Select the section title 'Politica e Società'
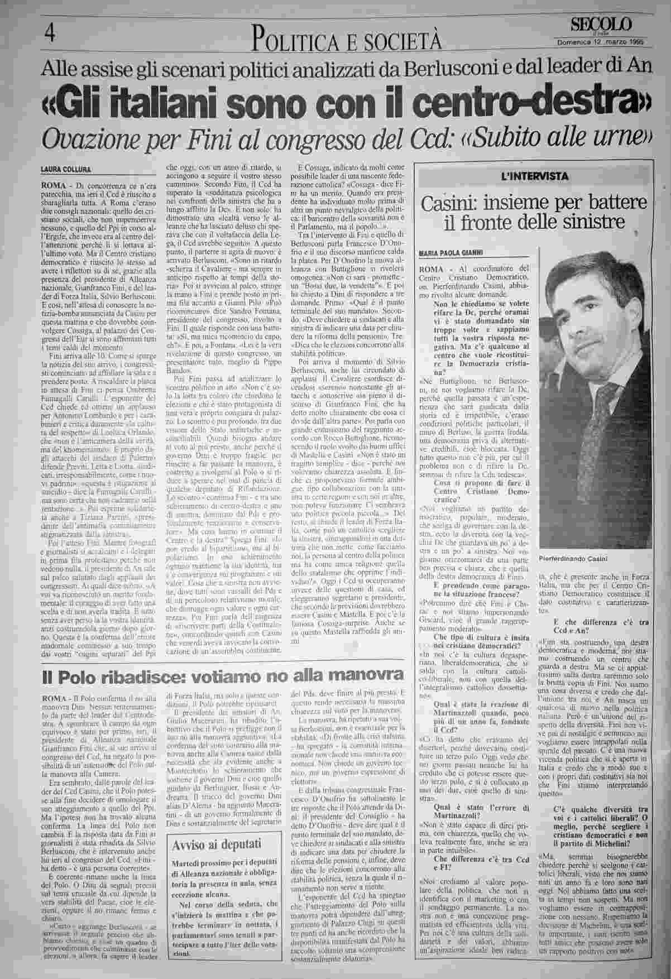[347, 39]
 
